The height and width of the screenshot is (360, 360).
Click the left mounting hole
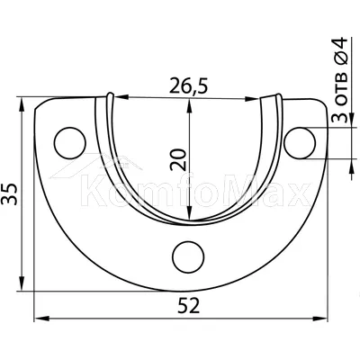click(x=70, y=143)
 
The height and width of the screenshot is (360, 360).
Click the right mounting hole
click(x=300, y=143)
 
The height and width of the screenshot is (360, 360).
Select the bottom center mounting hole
click(x=188, y=257)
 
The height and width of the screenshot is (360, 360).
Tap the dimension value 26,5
click(x=188, y=85)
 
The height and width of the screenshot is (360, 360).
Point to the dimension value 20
click(x=178, y=159)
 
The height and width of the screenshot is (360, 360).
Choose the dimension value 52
click(x=188, y=306)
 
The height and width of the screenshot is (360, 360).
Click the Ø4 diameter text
click(x=340, y=50)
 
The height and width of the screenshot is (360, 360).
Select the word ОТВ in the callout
click(x=341, y=88)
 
